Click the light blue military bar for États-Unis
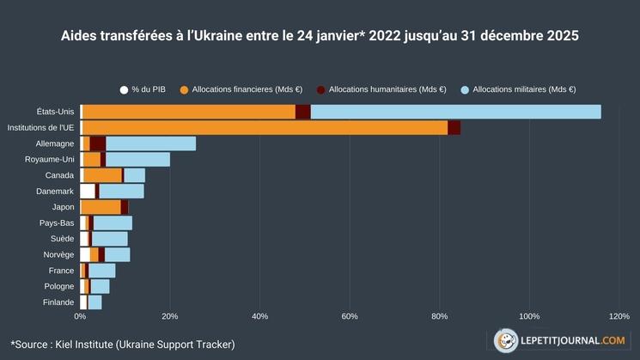(455, 112)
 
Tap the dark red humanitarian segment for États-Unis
(302, 112)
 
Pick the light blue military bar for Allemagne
(150, 143)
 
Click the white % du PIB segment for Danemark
(87, 191)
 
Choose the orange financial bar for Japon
(101, 207)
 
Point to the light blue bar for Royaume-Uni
(137, 159)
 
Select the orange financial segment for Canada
(102, 175)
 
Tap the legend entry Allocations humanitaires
(387, 89)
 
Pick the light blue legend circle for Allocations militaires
(465, 89)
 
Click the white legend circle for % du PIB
(124, 89)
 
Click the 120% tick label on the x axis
(619, 316)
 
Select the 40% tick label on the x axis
(259, 316)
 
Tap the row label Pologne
(59, 286)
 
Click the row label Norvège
(58, 254)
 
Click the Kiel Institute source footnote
(123, 344)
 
